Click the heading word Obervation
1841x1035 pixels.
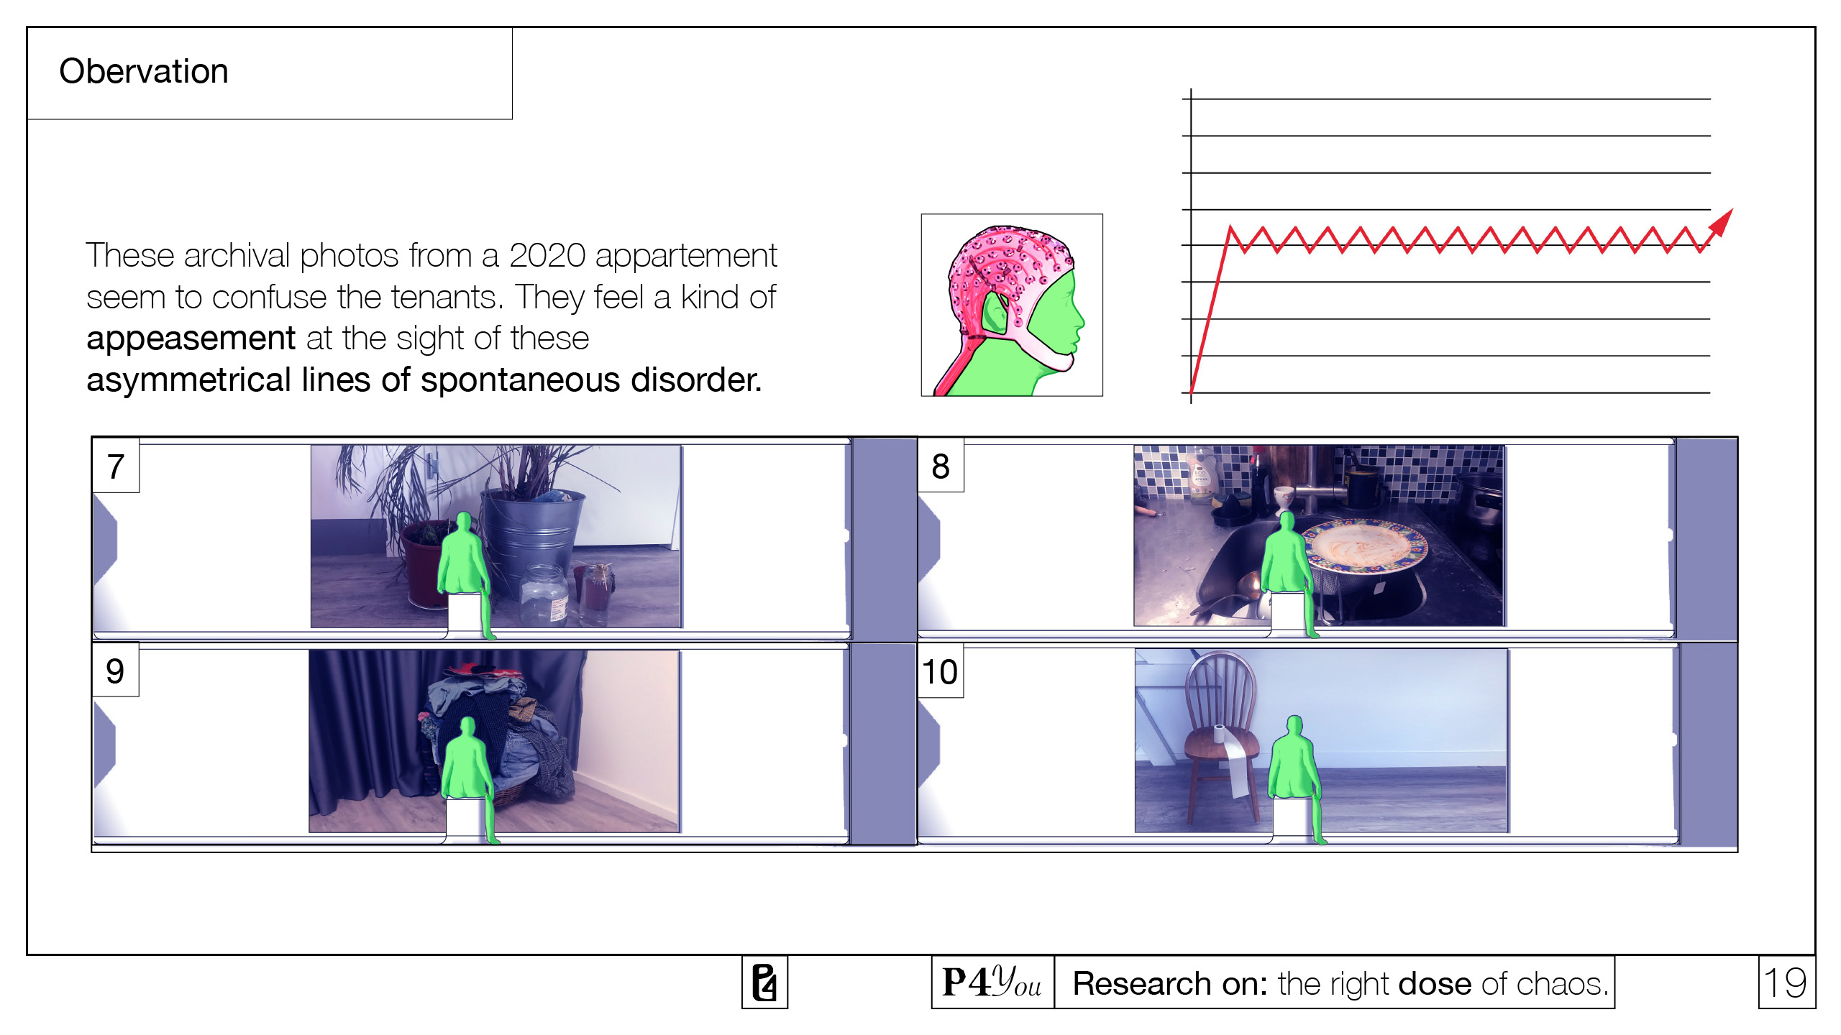[x=144, y=71]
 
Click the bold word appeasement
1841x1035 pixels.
[x=191, y=339]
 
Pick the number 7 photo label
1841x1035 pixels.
[x=116, y=466]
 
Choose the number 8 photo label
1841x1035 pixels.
[x=940, y=466]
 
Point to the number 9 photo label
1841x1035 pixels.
[x=115, y=671]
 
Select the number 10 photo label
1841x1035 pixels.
[x=939, y=672]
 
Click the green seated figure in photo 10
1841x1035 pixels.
[x=1294, y=765]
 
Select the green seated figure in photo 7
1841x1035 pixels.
[x=465, y=561]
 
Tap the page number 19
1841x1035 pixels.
[x=1786, y=983]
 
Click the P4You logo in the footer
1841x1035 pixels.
[x=992, y=983]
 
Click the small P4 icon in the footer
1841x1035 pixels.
[x=764, y=983]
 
